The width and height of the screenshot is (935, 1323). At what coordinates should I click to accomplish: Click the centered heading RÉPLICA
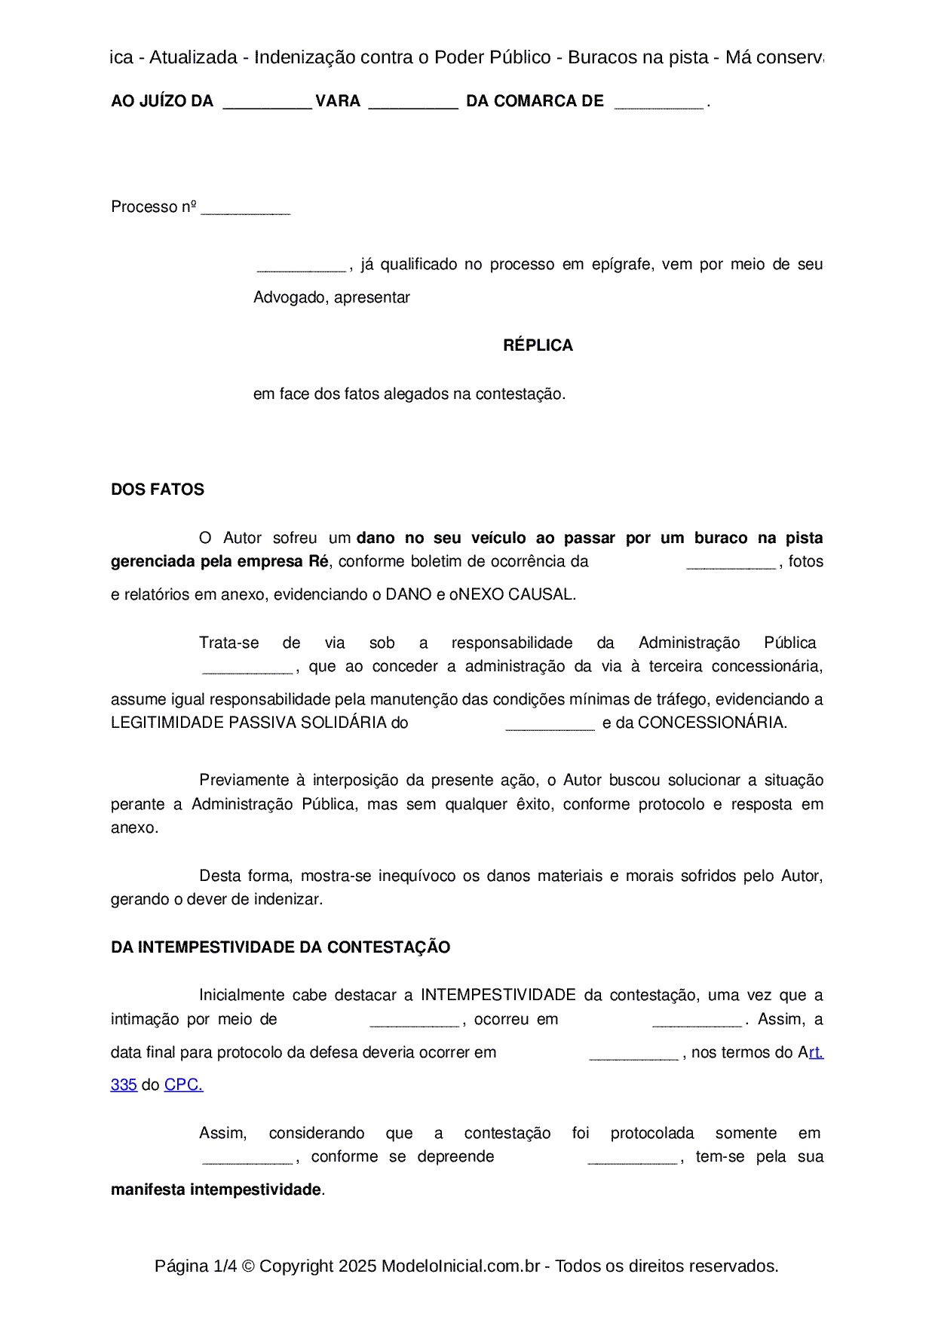tap(538, 345)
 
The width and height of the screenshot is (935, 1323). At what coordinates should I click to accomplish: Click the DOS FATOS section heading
tap(158, 490)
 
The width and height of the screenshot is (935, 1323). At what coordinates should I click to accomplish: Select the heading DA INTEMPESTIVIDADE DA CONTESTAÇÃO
tap(280, 947)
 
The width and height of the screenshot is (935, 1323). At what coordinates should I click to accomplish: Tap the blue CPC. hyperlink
tap(183, 1085)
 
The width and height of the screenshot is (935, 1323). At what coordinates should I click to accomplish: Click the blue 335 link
tap(124, 1085)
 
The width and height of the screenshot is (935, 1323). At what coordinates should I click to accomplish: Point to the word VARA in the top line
tap(338, 101)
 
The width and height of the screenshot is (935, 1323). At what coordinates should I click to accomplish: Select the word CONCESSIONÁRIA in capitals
tap(711, 723)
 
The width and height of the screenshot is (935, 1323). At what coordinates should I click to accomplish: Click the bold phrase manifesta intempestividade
tap(216, 1189)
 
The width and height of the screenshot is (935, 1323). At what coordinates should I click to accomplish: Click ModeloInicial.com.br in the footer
tap(461, 1266)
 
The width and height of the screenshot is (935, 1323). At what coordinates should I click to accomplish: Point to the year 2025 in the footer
tap(357, 1266)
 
